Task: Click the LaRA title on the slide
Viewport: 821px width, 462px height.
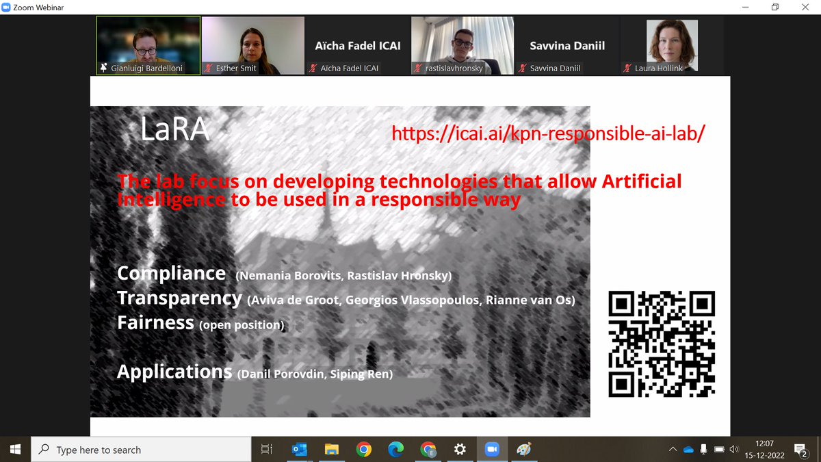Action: coord(174,129)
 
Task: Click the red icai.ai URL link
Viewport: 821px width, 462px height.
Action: coord(548,133)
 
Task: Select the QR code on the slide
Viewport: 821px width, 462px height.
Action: coord(662,344)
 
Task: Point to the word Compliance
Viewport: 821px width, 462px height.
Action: coord(171,273)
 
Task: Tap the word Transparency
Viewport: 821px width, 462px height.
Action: coord(179,298)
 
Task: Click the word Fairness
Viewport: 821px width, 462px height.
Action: coord(155,322)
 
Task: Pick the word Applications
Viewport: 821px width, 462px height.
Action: coord(174,372)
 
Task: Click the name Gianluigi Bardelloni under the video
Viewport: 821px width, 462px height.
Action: coord(146,68)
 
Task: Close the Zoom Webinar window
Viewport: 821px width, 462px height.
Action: coord(805,7)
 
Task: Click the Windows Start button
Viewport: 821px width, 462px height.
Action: coord(15,450)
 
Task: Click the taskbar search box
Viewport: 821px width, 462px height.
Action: coord(140,450)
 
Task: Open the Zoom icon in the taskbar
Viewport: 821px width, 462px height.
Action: coord(492,450)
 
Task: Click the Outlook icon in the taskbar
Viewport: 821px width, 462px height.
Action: coord(299,450)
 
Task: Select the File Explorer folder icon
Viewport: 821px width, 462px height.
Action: coord(331,450)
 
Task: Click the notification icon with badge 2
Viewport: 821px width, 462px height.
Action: coord(800,450)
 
